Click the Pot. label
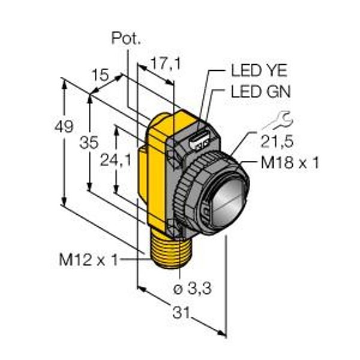coord(126,38)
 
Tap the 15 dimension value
coord(100,75)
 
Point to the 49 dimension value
coord(64,126)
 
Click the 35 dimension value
coord(89,142)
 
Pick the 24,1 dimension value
coord(116,160)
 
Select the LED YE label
coord(259,70)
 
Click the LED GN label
coord(260,91)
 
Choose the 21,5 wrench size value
coord(277,142)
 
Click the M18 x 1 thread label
coord(290,163)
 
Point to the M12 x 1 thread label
coord(89,260)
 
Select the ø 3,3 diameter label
coord(193,289)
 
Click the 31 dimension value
coord(181,313)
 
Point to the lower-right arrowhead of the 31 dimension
coord(222,334)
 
